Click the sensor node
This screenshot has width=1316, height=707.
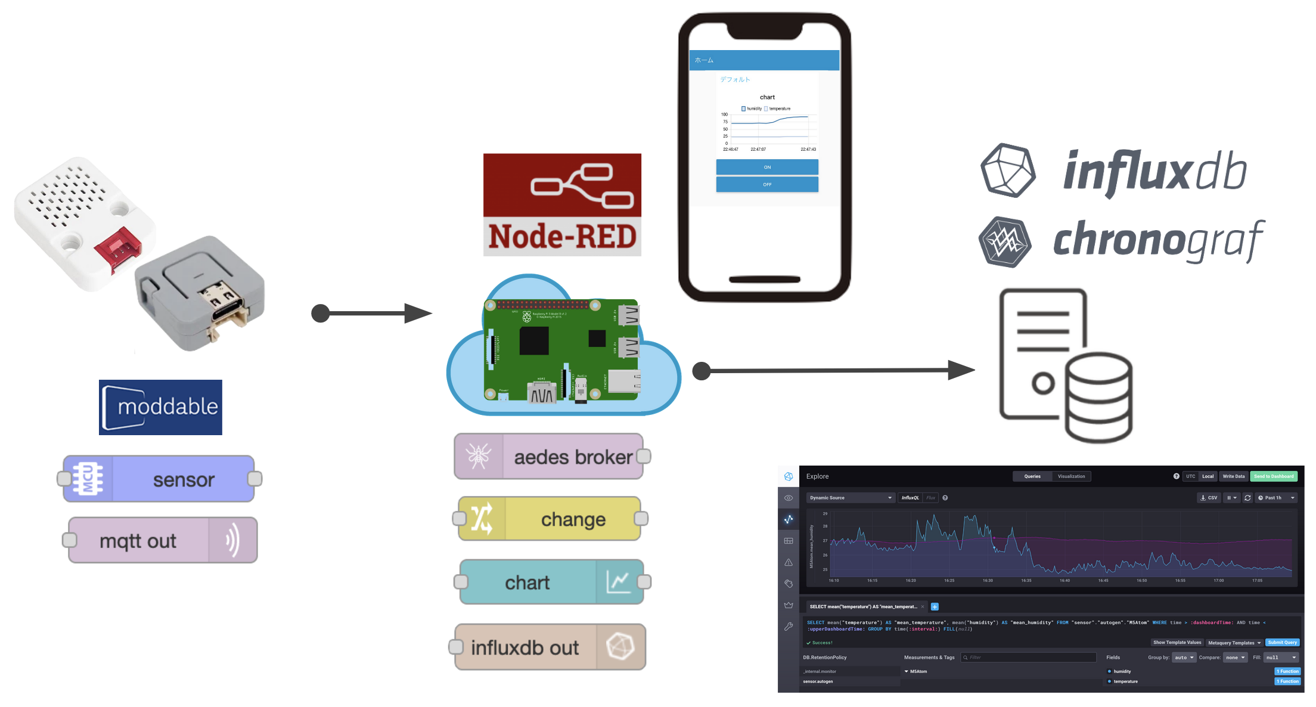click(x=160, y=479)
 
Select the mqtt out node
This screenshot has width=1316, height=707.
click(x=162, y=541)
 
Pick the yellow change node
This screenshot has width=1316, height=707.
click(x=550, y=519)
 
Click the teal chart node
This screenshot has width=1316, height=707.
click(x=551, y=582)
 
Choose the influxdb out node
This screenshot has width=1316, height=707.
click(x=549, y=647)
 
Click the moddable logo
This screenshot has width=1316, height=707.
click(x=160, y=407)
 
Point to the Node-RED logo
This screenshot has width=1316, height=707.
click(x=562, y=204)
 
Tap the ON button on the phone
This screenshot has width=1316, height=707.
click(x=767, y=167)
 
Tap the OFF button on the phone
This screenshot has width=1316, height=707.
click(x=767, y=185)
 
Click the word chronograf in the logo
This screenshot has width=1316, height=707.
click(x=1157, y=240)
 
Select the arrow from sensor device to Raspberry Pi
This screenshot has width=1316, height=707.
click(x=373, y=313)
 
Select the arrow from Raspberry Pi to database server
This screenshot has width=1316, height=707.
click(x=834, y=370)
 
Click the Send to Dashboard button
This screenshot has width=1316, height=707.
click(x=1274, y=476)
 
